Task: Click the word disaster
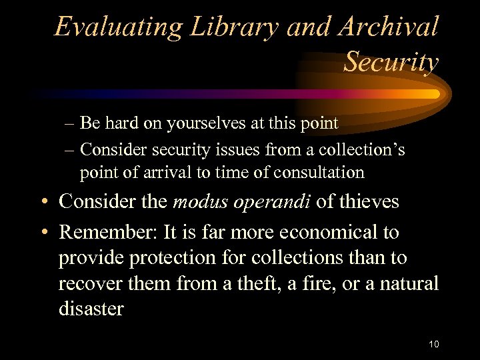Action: [91, 308]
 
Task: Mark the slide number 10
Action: [434, 344]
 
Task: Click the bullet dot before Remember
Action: [42, 233]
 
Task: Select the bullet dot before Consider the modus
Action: [42, 202]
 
